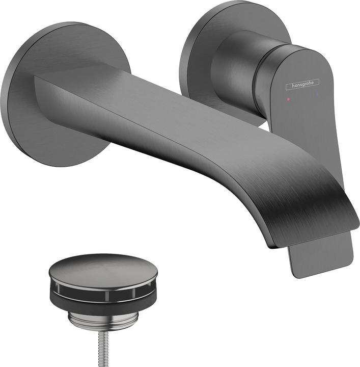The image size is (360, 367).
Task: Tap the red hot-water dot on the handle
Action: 289,96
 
